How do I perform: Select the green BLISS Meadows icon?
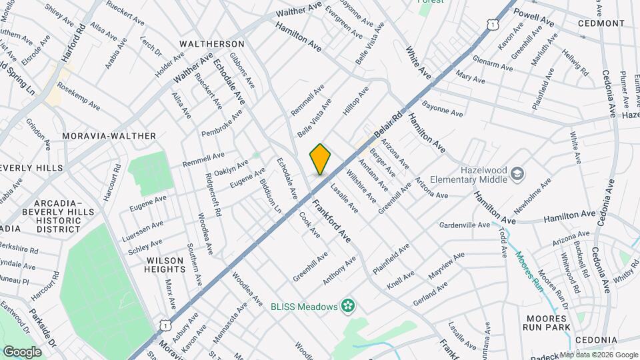(347, 307)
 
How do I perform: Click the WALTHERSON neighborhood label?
(213, 44)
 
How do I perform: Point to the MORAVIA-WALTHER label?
(109, 136)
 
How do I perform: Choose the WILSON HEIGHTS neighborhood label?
(165, 264)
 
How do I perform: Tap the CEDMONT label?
(601, 23)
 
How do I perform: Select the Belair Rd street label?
(389, 125)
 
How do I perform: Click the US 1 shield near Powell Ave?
(492, 24)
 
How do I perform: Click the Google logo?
(22, 351)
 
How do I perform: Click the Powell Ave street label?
(534, 18)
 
